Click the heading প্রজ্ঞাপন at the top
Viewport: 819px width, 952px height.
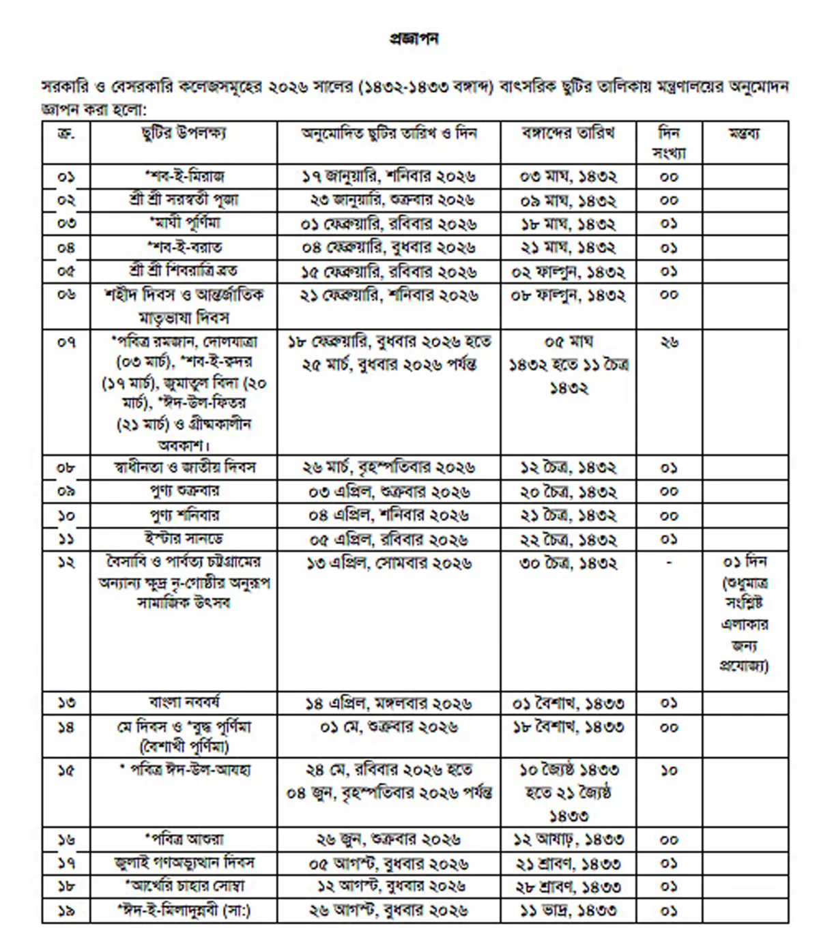coord(414,40)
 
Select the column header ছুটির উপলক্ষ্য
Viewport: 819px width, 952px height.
coord(184,133)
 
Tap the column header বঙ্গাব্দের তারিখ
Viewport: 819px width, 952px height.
coord(568,133)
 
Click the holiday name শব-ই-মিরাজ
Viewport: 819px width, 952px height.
coord(184,177)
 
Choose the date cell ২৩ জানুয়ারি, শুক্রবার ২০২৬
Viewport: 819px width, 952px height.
coord(388,200)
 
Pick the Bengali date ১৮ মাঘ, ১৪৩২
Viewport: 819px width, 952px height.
coord(568,224)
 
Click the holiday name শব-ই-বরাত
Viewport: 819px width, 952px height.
coord(184,248)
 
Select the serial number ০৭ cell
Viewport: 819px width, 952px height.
coord(66,342)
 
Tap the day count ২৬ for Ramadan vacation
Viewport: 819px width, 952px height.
coord(669,342)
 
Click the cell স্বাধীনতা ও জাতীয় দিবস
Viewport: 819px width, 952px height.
coord(184,468)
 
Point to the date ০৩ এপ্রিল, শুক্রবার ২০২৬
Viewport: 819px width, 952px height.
coord(388,492)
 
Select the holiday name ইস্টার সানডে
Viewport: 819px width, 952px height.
coord(184,539)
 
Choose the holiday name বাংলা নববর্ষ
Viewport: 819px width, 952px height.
coord(184,702)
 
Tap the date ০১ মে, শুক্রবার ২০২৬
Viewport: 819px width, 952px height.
coord(388,727)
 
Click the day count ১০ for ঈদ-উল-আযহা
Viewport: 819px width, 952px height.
coord(669,771)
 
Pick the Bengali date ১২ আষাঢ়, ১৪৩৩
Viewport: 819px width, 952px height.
coord(568,839)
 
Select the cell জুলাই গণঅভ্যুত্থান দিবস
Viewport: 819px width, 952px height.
coord(184,863)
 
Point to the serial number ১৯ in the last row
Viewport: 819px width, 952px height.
coord(66,910)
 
